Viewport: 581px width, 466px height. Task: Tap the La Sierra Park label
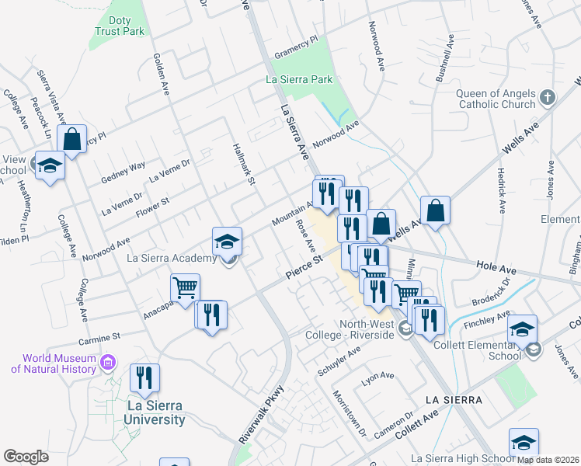299,80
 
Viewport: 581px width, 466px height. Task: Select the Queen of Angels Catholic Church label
496,98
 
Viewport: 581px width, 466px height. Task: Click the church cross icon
548,98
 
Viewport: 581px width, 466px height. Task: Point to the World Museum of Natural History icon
108,362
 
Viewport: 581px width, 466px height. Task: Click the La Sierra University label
156,412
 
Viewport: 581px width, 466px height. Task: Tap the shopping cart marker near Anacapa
186,289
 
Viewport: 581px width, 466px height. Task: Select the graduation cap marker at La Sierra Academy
228,242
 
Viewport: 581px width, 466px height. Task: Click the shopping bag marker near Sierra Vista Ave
71,141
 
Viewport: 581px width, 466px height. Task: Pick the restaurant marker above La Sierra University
144,378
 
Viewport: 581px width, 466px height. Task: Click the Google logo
26,456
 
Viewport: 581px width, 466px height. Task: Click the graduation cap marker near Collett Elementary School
524,329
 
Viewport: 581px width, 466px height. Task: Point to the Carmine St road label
99,338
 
